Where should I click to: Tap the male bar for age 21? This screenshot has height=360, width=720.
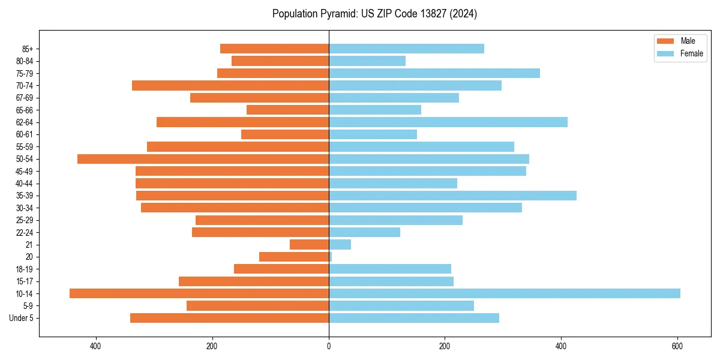[x=309, y=245]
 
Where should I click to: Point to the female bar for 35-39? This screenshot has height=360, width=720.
[x=452, y=196]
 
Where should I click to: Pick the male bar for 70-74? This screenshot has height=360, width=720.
[x=230, y=86]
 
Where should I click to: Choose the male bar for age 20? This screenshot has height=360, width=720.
[x=294, y=257]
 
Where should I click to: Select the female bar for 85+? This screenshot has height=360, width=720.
[x=406, y=49]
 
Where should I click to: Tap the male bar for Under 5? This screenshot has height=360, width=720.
[x=229, y=318]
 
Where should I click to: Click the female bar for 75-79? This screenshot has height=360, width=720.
[x=434, y=73]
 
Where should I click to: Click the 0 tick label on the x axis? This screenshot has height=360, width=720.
[x=329, y=346]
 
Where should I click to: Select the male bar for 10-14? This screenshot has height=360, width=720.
[x=199, y=293]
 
